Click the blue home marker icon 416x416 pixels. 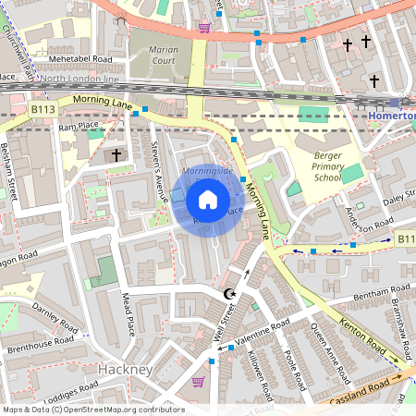click(208, 200)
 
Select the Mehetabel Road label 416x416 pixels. click(80, 59)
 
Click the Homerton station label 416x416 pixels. click(392, 116)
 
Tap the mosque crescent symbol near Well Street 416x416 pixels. click(229, 294)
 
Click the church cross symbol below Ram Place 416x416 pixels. click(116, 155)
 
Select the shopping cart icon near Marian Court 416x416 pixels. click(204, 27)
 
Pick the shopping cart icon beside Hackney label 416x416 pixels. click(198, 381)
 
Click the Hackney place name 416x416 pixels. click(124, 370)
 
